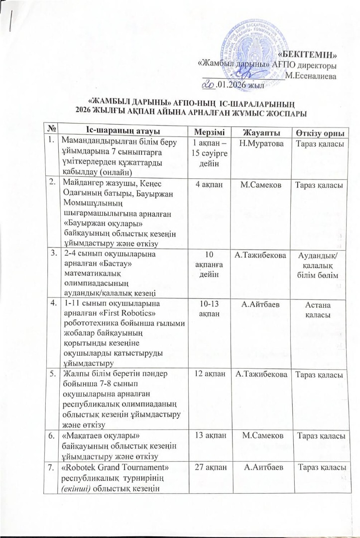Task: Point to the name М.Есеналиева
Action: (x=311, y=76)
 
